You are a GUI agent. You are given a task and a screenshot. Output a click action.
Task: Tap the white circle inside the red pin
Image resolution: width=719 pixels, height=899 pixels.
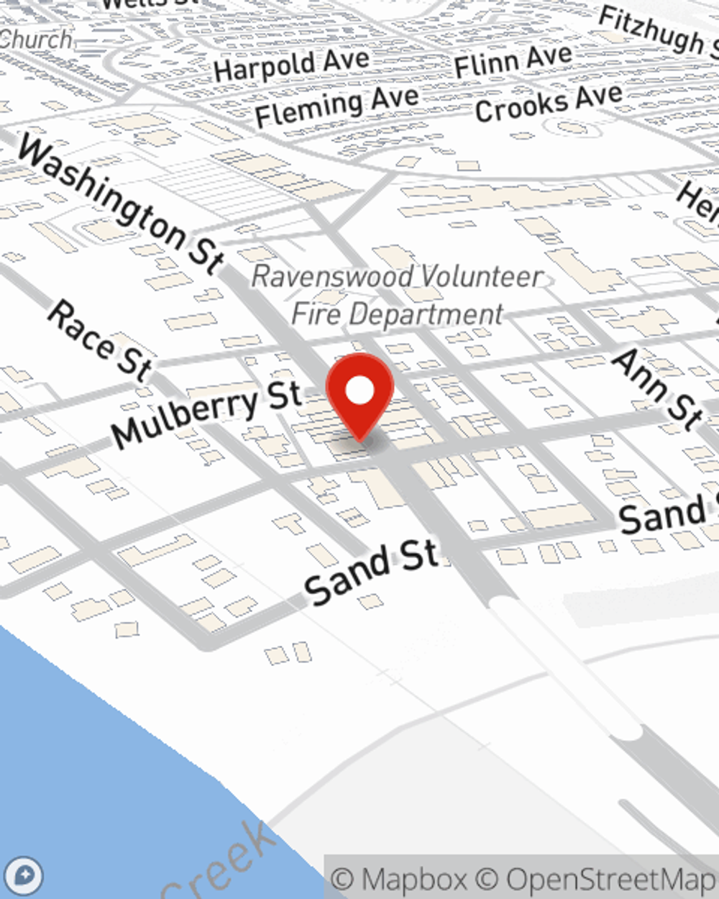(360, 391)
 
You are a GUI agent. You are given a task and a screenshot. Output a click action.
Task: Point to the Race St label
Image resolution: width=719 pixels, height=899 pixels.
(100, 340)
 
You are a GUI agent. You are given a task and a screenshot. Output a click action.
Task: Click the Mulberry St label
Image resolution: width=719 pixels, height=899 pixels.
(206, 414)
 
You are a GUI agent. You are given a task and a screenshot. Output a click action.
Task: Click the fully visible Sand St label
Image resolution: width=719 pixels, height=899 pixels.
(371, 572)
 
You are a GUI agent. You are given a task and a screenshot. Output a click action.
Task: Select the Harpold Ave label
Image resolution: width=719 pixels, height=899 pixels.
(291, 64)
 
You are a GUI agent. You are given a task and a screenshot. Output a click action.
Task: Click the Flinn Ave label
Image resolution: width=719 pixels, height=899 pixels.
(513, 60)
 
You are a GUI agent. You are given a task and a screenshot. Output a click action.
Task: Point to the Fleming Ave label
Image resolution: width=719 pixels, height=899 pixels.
(336, 106)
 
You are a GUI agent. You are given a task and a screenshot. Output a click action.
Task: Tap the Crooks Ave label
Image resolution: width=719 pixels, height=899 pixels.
(549, 103)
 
